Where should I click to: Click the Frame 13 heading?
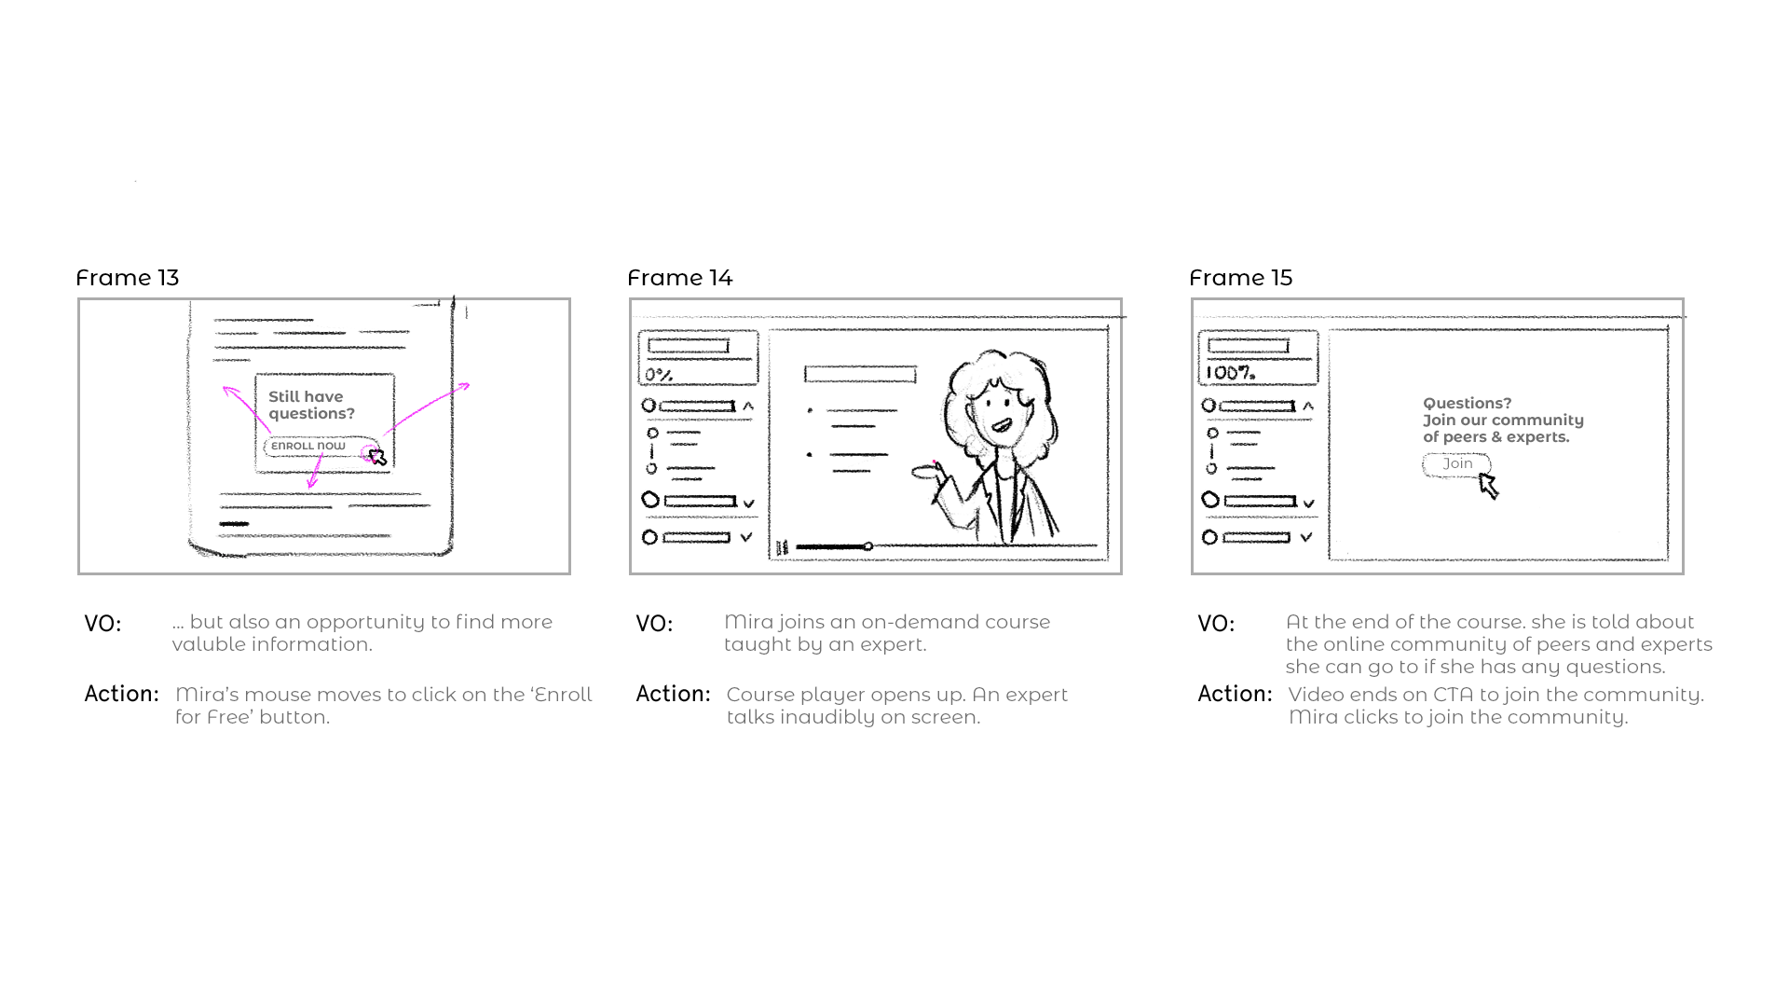tap(127, 278)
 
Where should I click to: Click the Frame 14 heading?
tap(679, 278)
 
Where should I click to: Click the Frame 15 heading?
tap(1240, 278)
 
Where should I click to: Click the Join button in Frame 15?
tap(1456, 464)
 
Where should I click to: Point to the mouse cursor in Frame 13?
tap(377, 457)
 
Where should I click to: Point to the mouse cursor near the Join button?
tap(1488, 485)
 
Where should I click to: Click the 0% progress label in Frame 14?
tap(659, 375)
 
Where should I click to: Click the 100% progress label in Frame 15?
tap(1230, 373)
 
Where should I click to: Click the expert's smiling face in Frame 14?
tap(999, 410)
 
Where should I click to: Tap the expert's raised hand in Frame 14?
tap(927, 472)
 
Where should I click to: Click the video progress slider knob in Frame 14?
tap(868, 546)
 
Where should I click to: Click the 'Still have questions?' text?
tap(311, 405)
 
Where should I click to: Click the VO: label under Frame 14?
tap(654, 624)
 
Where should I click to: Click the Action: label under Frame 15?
tap(1235, 695)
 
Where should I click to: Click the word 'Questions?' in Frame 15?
tap(1467, 404)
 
